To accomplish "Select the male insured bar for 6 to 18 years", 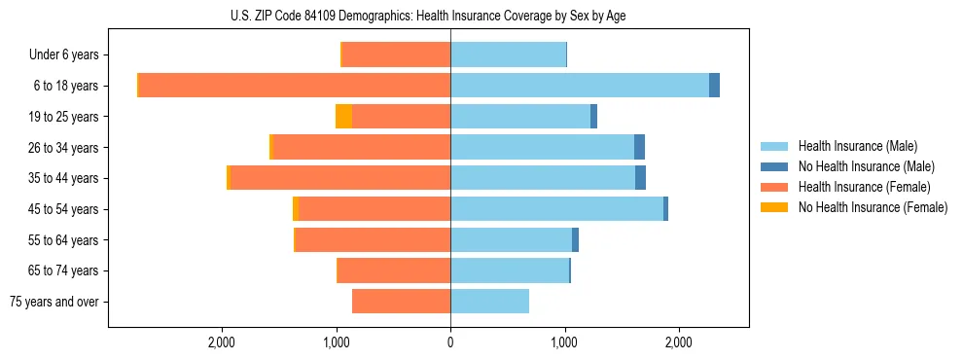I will coord(579,86).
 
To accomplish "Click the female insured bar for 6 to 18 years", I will coord(294,86).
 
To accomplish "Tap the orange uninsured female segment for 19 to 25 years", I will coord(343,117).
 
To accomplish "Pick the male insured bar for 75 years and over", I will coord(489,302).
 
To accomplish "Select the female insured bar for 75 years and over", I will coord(401,302).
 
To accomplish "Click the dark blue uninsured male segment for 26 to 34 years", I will coord(639,147).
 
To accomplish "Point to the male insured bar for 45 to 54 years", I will coord(556,209).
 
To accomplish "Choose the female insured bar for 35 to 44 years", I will coord(339,178).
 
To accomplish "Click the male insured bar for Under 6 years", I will coord(508,54).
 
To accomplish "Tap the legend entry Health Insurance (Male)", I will coord(857,146).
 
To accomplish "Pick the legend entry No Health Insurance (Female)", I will coord(872,207).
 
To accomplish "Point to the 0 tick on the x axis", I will coord(450,342).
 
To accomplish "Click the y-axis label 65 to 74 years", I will coord(64,270).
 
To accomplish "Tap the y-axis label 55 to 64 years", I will coord(64,240).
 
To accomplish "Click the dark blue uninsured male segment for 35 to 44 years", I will coord(640,178).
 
